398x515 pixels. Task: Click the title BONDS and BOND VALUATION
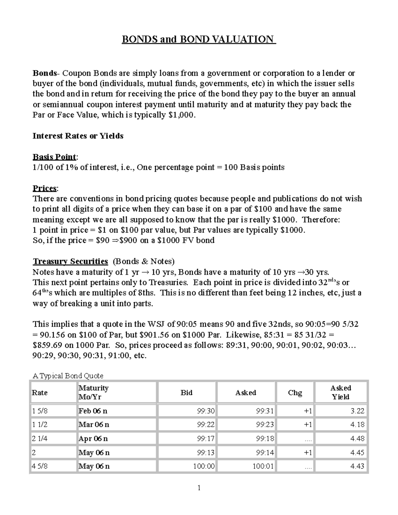point(199,39)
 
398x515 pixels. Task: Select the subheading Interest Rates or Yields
point(78,136)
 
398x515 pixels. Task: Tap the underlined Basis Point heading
point(54,157)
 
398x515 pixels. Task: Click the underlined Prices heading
point(45,188)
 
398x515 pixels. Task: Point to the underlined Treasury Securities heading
point(70,261)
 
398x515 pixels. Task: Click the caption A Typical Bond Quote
point(68,376)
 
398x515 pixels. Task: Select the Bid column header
point(186,393)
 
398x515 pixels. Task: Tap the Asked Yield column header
point(341,392)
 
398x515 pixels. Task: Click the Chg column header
point(295,393)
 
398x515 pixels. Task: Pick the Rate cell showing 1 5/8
point(40,411)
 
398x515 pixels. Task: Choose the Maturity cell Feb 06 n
point(93,411)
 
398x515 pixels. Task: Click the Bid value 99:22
point(206,424)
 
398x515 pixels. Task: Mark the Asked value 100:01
point(263,466)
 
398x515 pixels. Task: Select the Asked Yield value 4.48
point(357,438)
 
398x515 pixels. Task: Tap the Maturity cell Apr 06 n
point(93,438)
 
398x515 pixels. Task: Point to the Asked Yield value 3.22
point(357,411)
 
